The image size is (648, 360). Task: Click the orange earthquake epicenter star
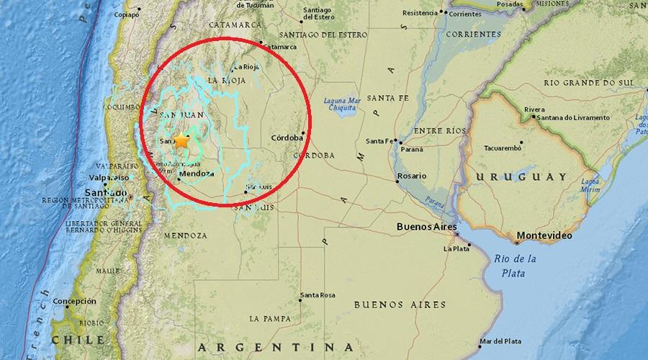(181, 142)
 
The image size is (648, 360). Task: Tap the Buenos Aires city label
(427, 228)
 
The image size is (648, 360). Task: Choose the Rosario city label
(412, 176)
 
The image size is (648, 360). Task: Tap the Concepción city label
(74, 301)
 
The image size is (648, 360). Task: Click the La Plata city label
(456, 249)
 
